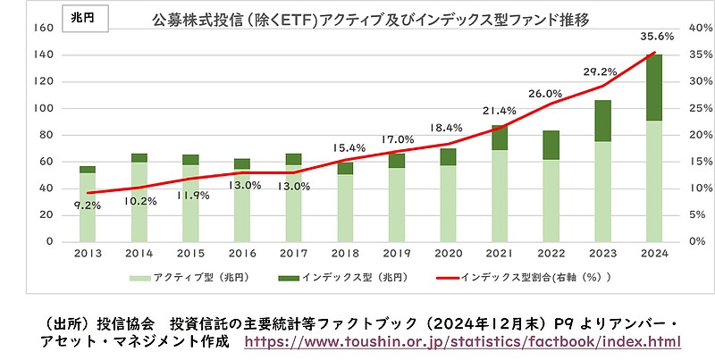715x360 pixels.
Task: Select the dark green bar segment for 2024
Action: (654, 87)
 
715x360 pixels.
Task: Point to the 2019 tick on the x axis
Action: (399, 253)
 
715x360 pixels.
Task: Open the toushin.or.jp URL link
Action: (462, 342)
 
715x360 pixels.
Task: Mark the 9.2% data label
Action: (88, 205)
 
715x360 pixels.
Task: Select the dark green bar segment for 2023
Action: (602, 121)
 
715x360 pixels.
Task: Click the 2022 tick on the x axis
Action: (551, 253)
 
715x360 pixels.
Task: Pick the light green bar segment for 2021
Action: (499, 196)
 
